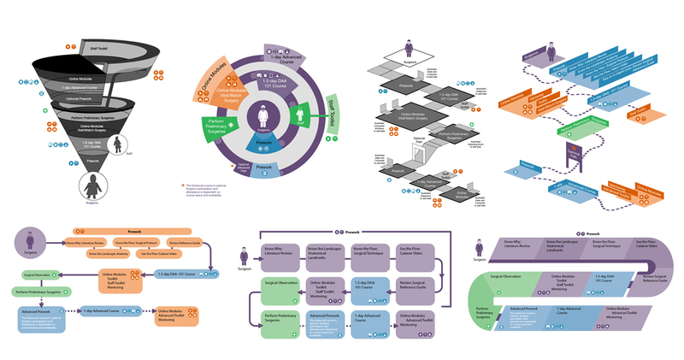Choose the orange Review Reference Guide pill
click(x=186, y=243)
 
